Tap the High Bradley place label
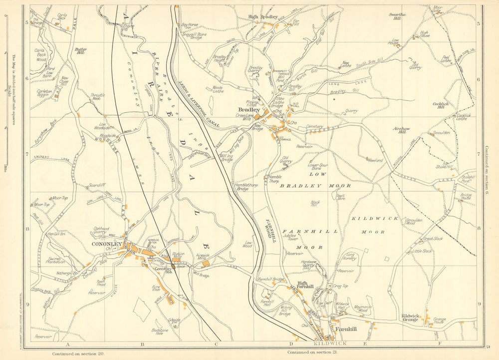263,16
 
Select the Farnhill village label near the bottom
345,330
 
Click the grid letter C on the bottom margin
217,344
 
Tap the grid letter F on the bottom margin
440,344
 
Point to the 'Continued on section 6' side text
486,170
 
